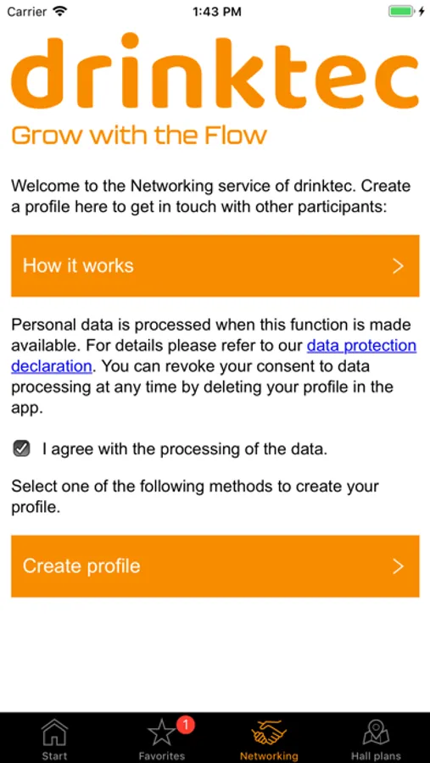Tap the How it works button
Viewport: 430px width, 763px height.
[x=215, y=265]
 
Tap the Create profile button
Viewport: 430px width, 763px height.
[x=215, y=566]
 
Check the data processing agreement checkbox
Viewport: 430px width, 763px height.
[x=21, y=448]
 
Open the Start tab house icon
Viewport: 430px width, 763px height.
[x=54, y=732]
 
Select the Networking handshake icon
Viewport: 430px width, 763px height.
[x=269, y=732]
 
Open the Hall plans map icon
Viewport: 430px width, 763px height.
[x=376, y=732]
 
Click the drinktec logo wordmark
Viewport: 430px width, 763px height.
[x=215, y=73]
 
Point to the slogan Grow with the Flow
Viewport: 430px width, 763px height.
[x=139, y=135]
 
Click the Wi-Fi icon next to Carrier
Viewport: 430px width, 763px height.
[x=59, y=11]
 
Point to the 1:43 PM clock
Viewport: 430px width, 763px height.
[x=217, y=12]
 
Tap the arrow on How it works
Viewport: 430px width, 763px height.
[x=399, y=266]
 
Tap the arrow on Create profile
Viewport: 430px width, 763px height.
[x=399, y=566]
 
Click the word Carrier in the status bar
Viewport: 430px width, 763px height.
[x=27, y=12]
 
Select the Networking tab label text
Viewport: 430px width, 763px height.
[x=269, y=756]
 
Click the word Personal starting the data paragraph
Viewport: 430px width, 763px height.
[x=41, y=325]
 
